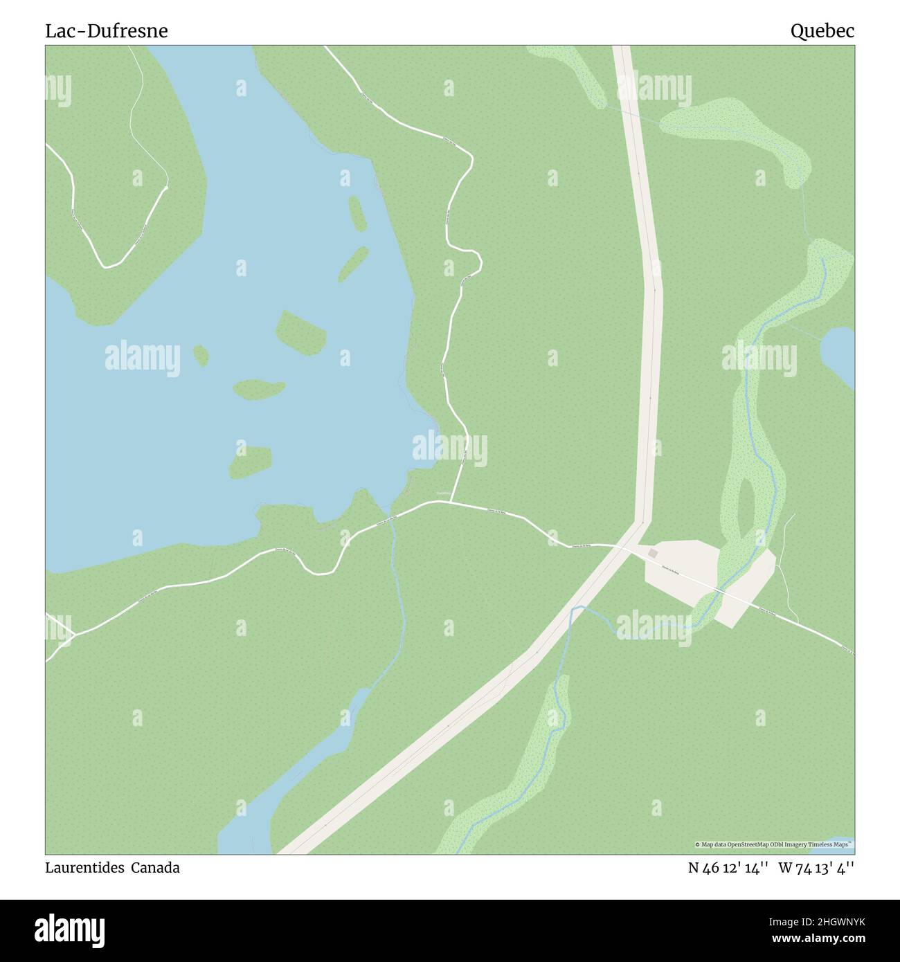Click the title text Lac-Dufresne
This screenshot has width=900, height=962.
(x=107, y=31)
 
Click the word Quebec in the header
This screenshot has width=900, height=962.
(x=822, y=31)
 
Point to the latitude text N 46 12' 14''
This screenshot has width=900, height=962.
(x=728, y=868)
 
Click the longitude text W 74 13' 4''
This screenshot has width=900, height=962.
(x=816, y=868)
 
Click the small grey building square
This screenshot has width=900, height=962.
(x=653, y=554)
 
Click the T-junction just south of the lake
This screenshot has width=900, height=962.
(x=453, y=501)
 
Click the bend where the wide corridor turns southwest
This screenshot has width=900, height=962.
(x=643, y=524)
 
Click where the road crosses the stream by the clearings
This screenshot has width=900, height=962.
(x=720, y=591)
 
